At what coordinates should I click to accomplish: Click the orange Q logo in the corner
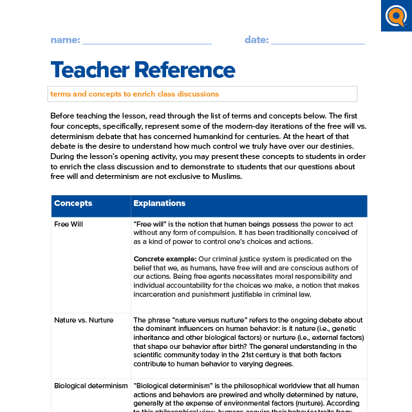[x=395, y=15]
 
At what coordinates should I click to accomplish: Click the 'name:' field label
[x=65, y=40]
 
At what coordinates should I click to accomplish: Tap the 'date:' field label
[x=256, y=40]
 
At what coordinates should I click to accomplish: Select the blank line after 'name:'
[x=147, y=42]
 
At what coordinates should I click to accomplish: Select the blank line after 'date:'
[x=318, y=42]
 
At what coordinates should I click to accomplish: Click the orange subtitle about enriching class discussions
[x=135, y=94]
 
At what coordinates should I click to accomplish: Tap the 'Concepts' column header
[x=73, y=203]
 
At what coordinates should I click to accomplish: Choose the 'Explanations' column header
[x=159, y=203]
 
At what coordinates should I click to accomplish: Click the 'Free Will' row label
[x=68, y=224]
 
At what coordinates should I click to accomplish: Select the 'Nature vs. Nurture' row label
[x=84, y=320]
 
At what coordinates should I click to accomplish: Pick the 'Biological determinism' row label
[x=91, y=386]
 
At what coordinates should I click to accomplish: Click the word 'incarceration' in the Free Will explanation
[x=155, y=294]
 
